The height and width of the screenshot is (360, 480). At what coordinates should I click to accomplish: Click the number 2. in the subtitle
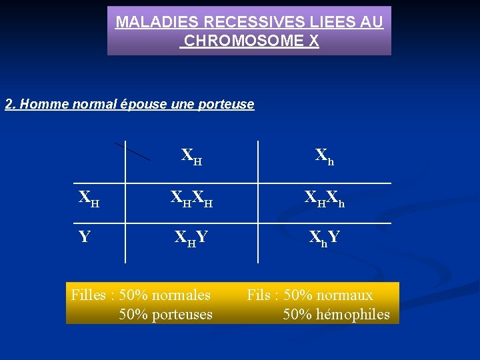click(11, 104)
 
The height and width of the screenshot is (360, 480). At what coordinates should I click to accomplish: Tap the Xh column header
click(325, 157)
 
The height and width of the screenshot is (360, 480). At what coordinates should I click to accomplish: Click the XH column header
click(192, 157)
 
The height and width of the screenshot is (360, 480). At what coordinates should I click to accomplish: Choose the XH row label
click(89, 198)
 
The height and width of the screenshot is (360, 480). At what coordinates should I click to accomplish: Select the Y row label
click(85, 237)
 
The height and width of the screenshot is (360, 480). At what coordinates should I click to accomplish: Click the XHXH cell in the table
click(192, 198)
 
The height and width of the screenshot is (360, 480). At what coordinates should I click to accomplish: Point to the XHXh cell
click(325, 198)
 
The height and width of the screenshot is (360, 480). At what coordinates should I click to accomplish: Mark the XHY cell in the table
click(192, 237)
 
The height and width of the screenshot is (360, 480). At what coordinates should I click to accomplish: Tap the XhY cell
click(325, 237)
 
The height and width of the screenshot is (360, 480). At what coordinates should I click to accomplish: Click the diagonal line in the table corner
click(132, 151)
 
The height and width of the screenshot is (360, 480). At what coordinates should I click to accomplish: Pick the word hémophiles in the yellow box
click(353, 314)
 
